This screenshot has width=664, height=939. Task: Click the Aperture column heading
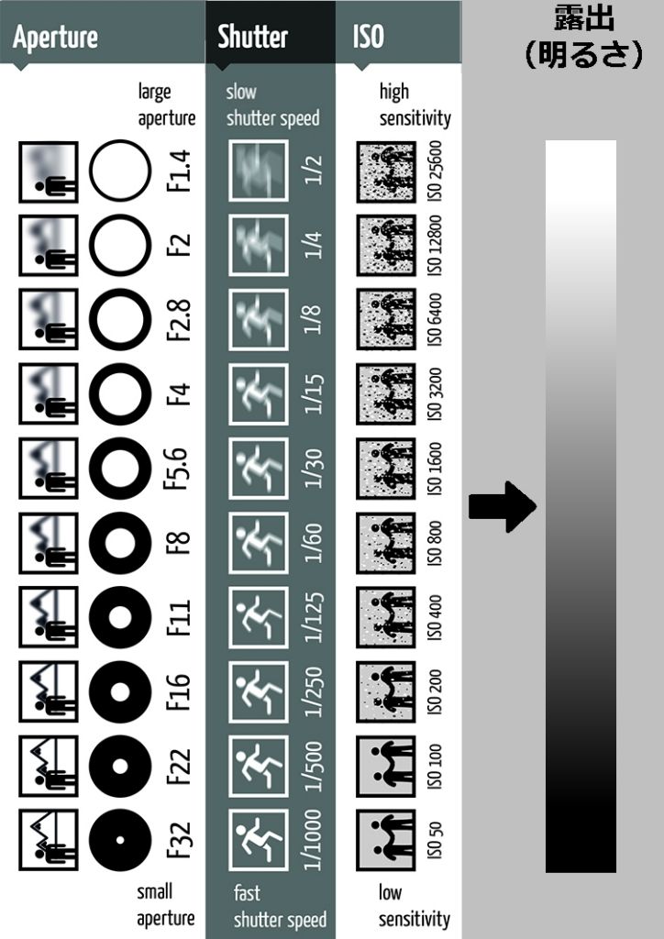point(55,38)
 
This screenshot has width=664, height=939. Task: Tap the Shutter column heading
point(252,37)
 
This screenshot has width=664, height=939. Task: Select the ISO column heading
point(368,37)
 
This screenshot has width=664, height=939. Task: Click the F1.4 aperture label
point(179,171)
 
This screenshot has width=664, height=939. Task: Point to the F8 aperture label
point(179,543)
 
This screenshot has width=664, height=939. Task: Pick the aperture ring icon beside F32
point(120,840)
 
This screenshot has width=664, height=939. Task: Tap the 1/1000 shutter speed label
point(313,840)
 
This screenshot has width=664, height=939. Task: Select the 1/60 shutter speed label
point(313,543)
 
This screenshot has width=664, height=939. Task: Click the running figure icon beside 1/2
point(258,171)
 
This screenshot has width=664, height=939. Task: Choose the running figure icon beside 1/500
point(258,766)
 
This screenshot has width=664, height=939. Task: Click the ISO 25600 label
point(435,171)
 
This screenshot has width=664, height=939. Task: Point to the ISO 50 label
point(435,840)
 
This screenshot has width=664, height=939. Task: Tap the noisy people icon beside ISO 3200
point(386,394)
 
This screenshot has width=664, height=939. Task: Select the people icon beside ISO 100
point(386,766)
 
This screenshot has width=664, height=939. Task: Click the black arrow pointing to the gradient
point(503,506)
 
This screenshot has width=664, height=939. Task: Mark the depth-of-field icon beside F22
point(49,766)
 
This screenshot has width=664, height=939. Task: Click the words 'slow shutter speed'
point(272,105)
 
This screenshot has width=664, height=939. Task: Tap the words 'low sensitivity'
point(414,905)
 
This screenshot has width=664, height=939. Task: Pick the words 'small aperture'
point(166,905)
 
